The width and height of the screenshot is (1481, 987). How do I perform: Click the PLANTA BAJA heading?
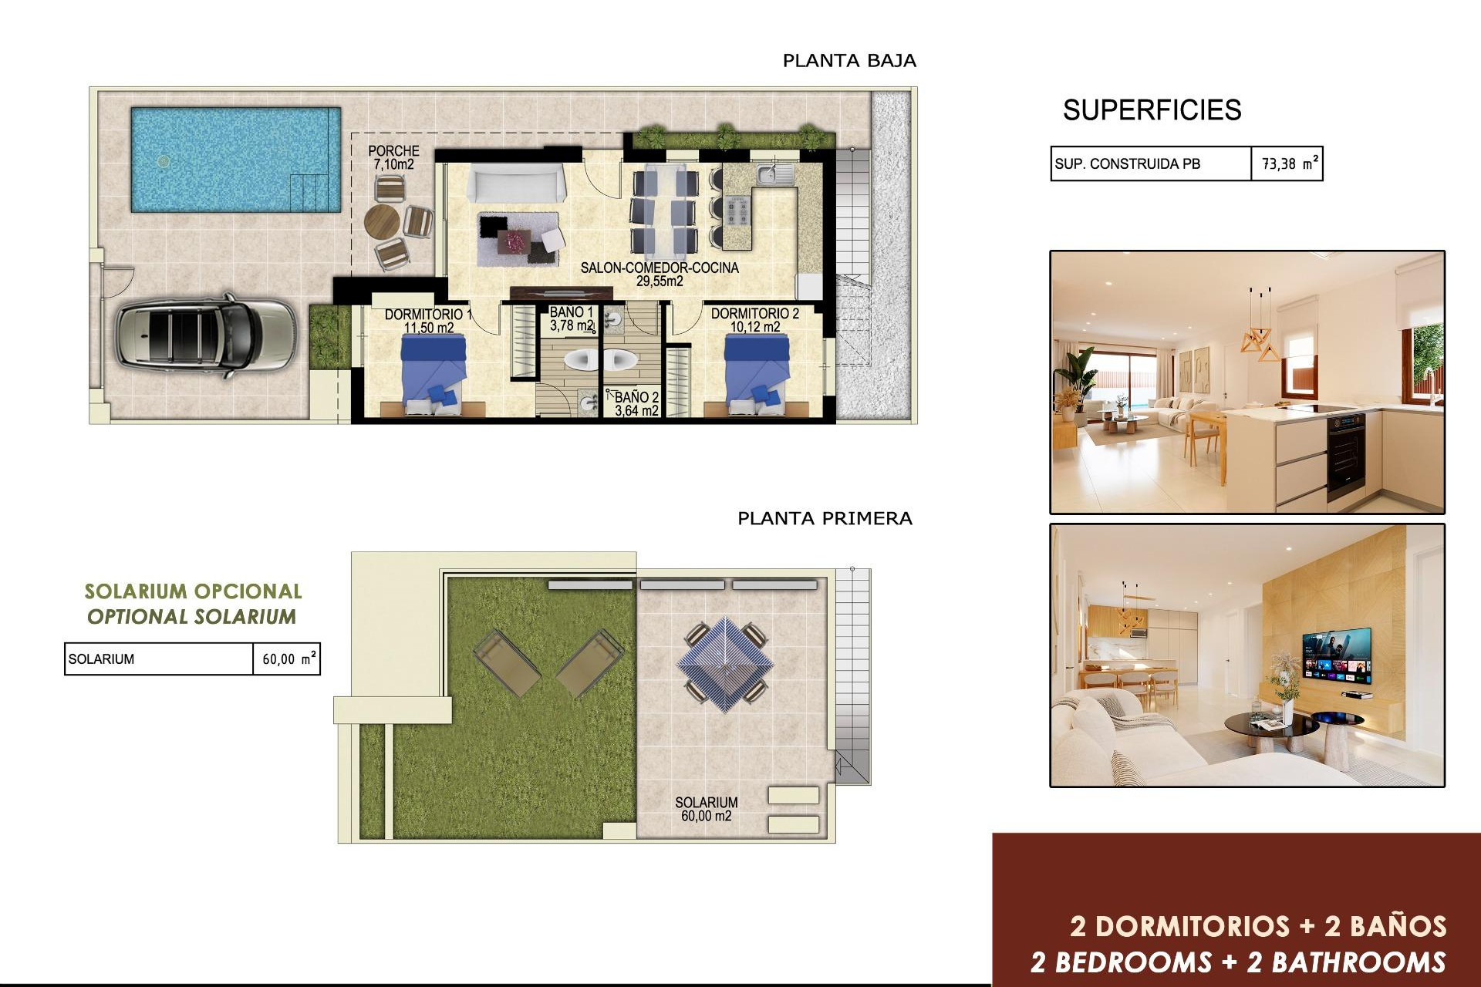849,61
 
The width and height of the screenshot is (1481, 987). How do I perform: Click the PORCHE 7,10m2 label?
393,157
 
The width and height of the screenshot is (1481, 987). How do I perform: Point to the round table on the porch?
382,222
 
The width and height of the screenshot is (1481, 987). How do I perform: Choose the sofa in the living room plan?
514,184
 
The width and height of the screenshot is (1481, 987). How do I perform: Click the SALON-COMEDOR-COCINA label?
660,275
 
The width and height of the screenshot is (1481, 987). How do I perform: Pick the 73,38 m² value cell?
1287,163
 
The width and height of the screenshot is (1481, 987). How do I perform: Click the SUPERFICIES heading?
1152,110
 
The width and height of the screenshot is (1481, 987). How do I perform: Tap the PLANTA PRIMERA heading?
825,518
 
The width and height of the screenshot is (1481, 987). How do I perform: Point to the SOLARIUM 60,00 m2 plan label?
706,809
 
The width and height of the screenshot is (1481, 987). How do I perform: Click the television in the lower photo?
1337,655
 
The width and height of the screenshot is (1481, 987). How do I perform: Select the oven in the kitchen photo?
1346,455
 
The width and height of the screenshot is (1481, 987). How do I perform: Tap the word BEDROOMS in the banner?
1133,962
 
